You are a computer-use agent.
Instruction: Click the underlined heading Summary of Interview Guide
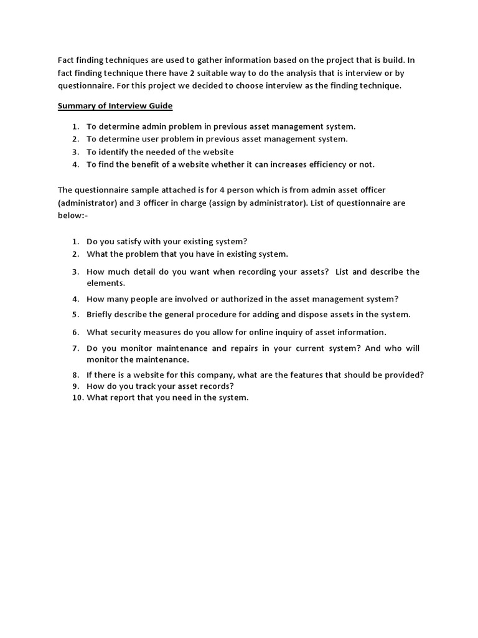point(115,106)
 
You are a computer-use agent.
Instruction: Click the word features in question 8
point(322,374)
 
